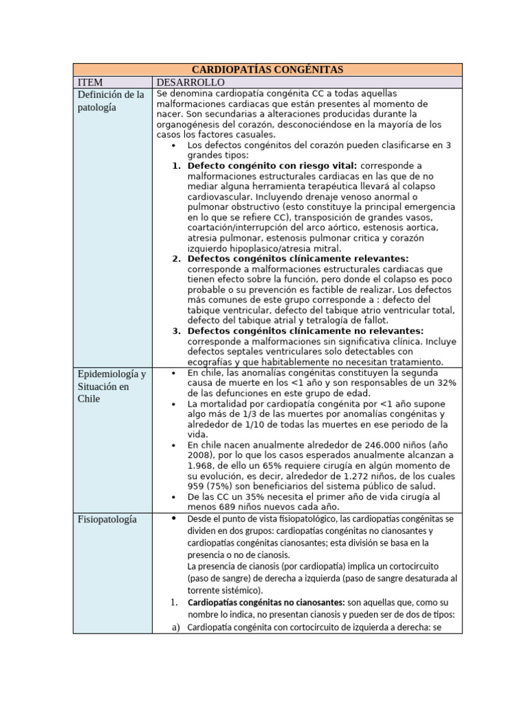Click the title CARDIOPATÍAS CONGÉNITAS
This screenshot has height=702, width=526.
pyautogui.click(x=267, y=69)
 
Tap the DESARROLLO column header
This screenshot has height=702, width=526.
pyautogui.click(x=186, y=82)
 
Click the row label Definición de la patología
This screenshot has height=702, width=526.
pyautogui.click(x=111, y=101)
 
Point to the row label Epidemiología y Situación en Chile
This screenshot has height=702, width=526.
pyautogui.click(x=112, y=386)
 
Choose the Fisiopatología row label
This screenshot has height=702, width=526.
pyautogui.click(x=107, y=519)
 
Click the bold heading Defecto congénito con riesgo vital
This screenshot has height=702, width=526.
pyautogui.click(x=272, y=166)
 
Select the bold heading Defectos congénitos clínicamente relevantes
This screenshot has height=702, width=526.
pyautogui.click(x=298, y=258)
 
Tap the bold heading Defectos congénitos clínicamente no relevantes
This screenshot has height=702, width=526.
pyautogui.click(x=305, y=330)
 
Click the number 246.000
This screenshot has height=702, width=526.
pyautogui.click(x=372, y=444)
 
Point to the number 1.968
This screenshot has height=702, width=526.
pyautogui.click(x=203, y=466)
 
